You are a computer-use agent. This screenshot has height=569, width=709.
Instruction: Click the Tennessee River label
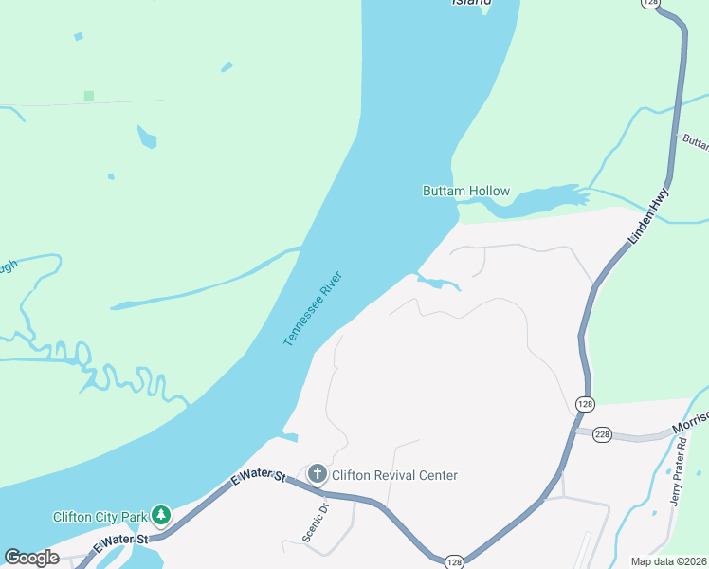(312, 309)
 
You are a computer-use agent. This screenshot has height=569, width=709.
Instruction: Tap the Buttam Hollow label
(465, 192)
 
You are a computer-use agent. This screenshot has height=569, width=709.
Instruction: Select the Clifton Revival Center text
(394, 475)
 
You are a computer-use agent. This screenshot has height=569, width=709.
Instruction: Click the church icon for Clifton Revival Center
(318, 473)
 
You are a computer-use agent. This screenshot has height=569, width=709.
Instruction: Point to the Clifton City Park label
(99, 517)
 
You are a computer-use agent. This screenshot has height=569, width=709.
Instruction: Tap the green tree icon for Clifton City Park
(162, 515)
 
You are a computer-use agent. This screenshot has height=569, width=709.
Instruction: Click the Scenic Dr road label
(315, 521)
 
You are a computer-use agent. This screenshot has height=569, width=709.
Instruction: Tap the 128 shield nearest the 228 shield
(585, 404)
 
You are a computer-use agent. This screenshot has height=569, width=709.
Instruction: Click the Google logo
(32, 558)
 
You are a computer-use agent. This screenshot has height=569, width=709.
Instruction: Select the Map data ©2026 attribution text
(668, 561)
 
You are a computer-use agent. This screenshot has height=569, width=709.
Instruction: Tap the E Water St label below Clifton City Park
(122, 541)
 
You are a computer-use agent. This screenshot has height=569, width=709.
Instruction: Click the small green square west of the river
(89, 96)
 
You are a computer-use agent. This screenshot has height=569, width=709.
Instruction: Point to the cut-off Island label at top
(471, 3)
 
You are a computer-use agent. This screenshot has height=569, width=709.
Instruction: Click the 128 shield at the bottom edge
(455, 561)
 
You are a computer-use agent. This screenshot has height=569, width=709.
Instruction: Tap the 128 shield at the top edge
(648, 4)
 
